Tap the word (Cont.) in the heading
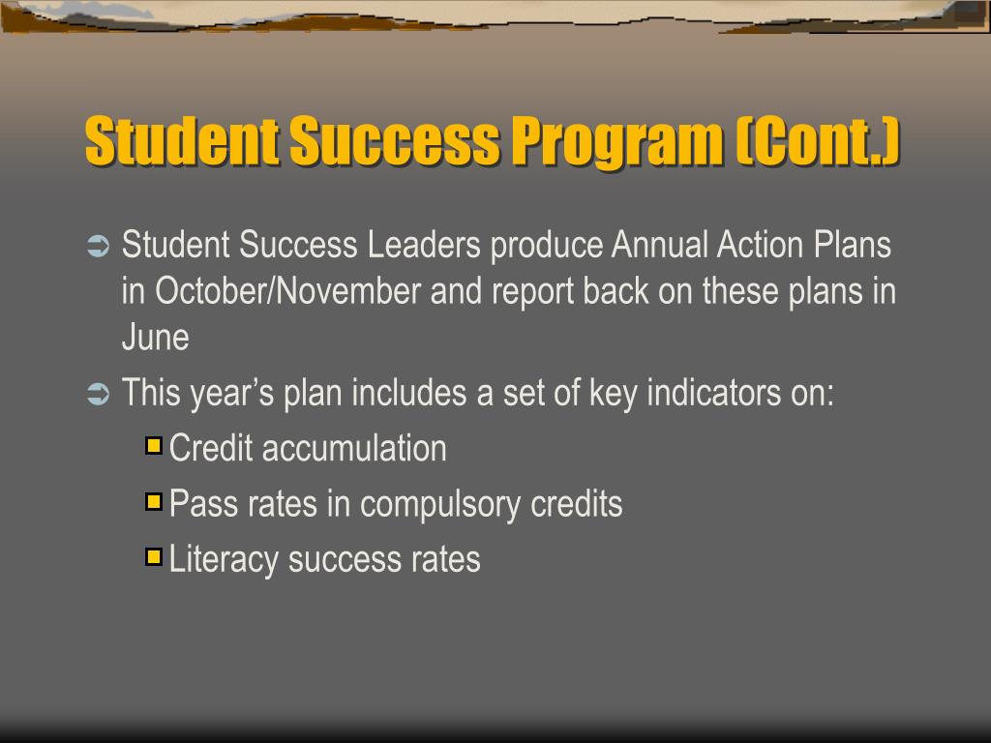(x=818, y=141)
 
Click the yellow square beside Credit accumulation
(x=153, y=447)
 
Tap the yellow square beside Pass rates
(x=153, y=502)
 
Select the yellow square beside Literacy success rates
(x=153, y=557)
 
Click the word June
(x=155, y=338)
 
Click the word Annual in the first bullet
(x=660, y=246)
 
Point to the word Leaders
(x=424, y=246)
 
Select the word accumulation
(x=354, y=449)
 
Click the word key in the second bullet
(x=613, y=394)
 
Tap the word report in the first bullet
(x=532, y=291)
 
